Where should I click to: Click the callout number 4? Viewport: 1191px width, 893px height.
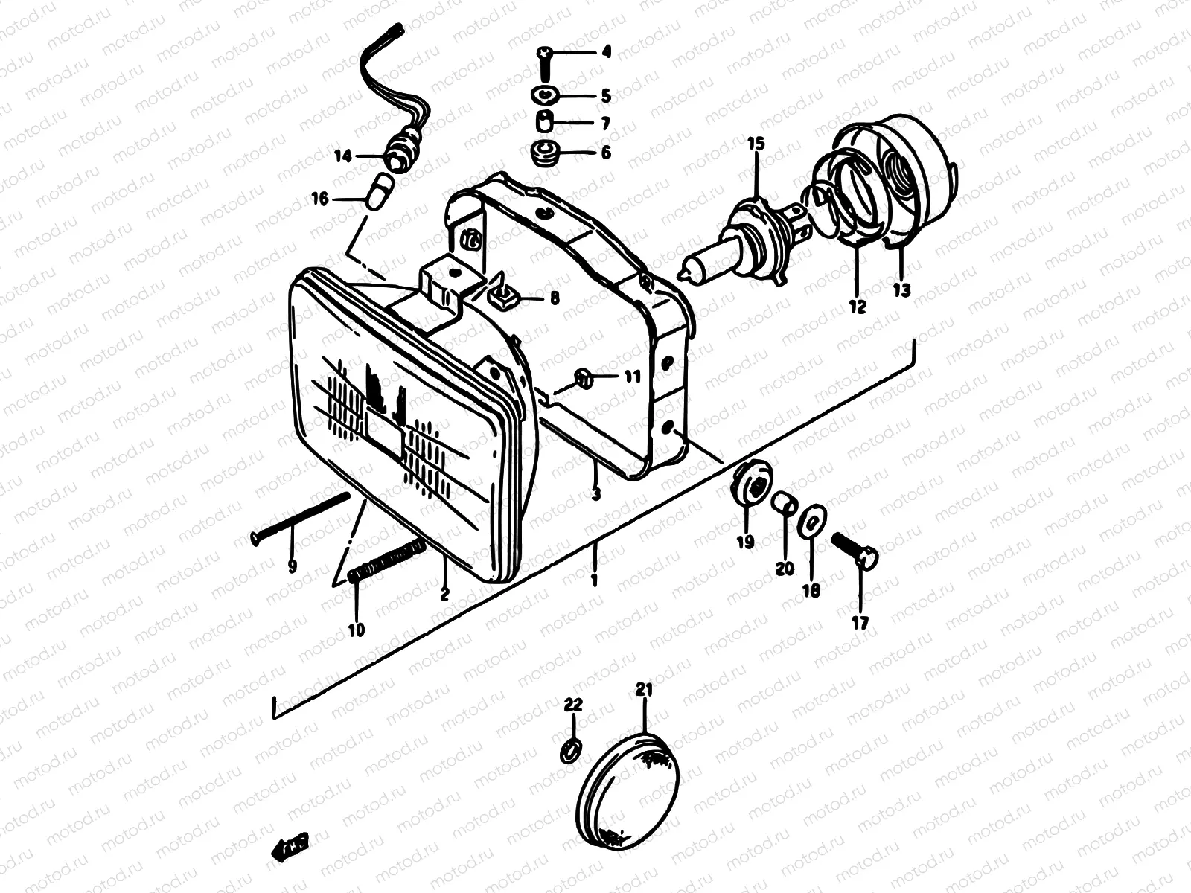606,53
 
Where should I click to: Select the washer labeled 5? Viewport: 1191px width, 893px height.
547,95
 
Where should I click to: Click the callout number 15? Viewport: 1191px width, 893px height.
756,144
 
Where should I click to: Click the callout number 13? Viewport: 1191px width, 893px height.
902,290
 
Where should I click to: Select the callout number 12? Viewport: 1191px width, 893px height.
858,306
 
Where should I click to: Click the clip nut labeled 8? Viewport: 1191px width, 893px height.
504,298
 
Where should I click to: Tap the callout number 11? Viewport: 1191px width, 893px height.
632,377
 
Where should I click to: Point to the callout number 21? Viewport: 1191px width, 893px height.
644,690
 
